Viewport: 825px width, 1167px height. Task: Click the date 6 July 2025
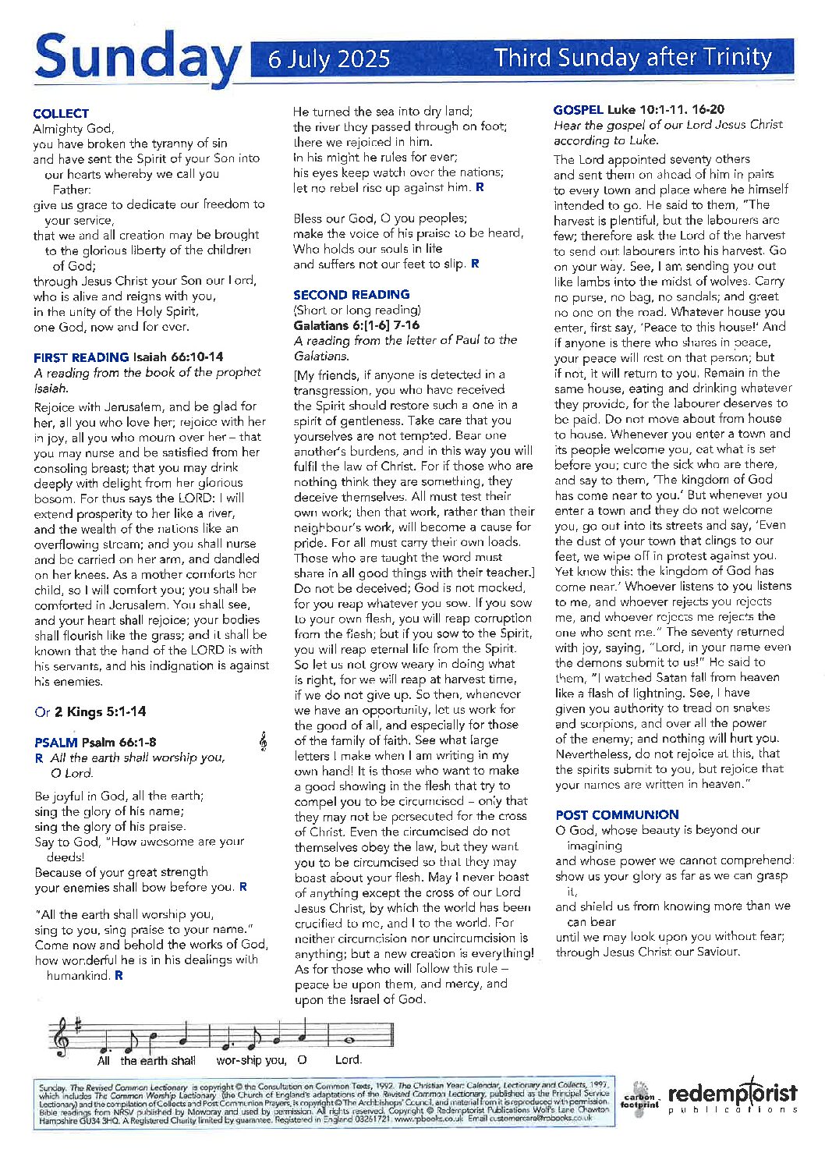328,59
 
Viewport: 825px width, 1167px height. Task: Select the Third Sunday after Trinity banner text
632,58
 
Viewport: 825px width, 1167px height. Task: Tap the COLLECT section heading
61,114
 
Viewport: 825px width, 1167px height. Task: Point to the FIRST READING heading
81,357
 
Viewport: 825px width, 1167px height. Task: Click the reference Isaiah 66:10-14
178,357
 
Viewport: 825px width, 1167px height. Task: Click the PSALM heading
56,743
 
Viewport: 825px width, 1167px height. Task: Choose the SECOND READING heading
351,295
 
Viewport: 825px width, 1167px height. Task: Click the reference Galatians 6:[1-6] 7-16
356,325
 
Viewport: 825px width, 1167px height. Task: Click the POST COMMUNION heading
617,815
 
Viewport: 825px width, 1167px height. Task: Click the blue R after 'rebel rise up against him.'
480,187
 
